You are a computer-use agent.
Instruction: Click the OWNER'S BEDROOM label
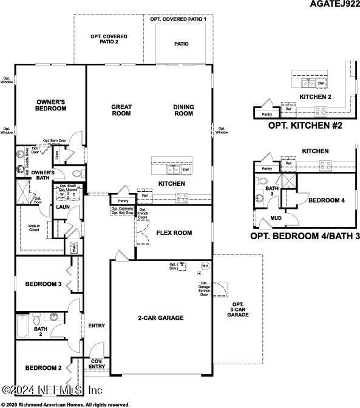[51, 105]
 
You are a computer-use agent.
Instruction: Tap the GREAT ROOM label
[121, 110]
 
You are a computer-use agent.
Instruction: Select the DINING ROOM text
[183, 110]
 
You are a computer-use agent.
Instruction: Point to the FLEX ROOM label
[174, 233]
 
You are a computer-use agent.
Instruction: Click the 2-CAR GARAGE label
[160, 318]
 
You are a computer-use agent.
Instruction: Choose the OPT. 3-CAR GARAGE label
[237, 310]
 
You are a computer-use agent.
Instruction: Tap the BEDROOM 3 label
[42, 284]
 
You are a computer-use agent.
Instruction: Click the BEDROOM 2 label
[42, 368]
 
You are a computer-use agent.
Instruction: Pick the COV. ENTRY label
[97, 364]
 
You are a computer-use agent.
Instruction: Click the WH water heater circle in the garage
[205, 266]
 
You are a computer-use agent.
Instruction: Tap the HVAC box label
[73, 248]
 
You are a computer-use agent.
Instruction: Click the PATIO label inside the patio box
[181, 44]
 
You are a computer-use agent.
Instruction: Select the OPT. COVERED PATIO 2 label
[104, 39]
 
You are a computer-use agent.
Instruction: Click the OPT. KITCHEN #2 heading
[305, 126]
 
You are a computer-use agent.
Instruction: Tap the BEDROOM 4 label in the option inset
[326, 200]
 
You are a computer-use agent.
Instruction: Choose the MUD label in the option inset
[276, 218]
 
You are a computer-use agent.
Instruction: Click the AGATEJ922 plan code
[333, 5]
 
